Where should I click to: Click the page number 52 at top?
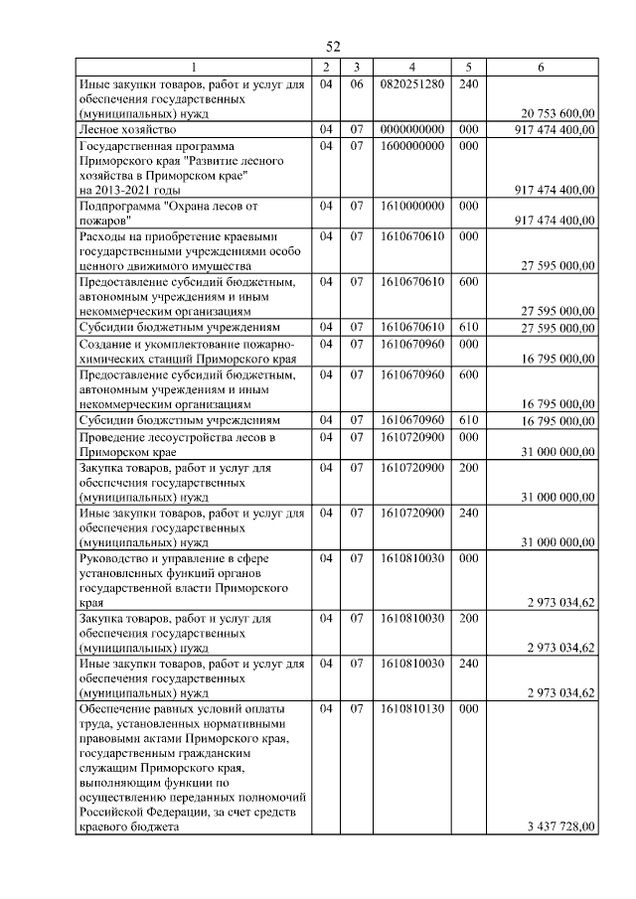point(333,47)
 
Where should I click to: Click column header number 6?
point(540,67)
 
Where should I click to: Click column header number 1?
point(193,67)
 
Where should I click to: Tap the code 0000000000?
point(411,130)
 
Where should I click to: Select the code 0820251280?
point(411,84)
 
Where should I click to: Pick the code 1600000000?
point(411,145)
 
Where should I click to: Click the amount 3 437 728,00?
point(559,826)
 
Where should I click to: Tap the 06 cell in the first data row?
point(354,84)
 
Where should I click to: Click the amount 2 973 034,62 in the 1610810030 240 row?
point(559,692)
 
